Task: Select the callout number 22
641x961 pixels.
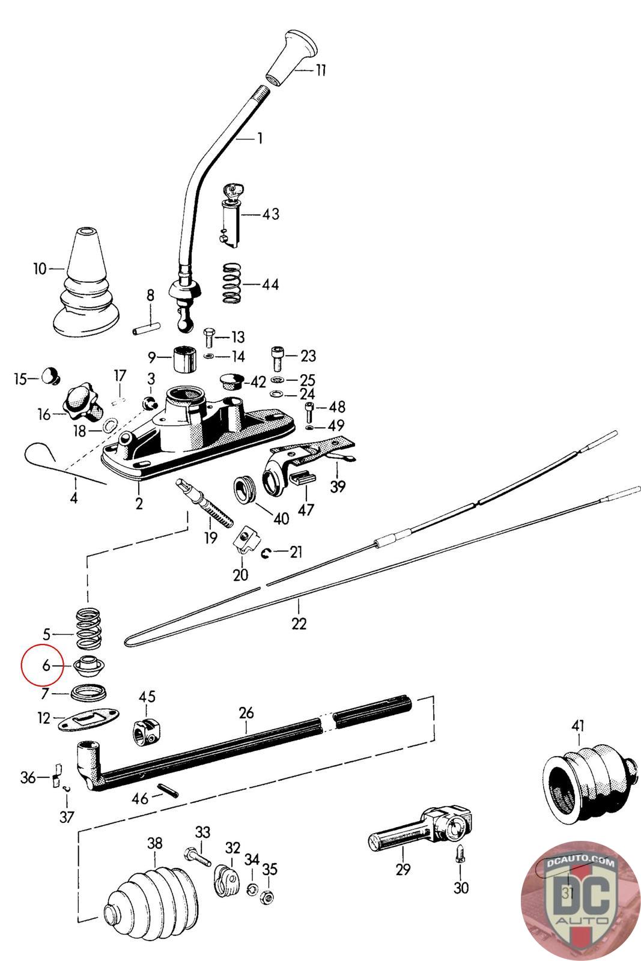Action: point(299,623)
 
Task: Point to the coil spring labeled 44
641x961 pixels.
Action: point(234,283)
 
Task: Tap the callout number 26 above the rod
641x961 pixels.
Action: point(246,713)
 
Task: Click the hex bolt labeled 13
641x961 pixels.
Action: point(209,338)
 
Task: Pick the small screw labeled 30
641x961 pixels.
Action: point(460,852)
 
